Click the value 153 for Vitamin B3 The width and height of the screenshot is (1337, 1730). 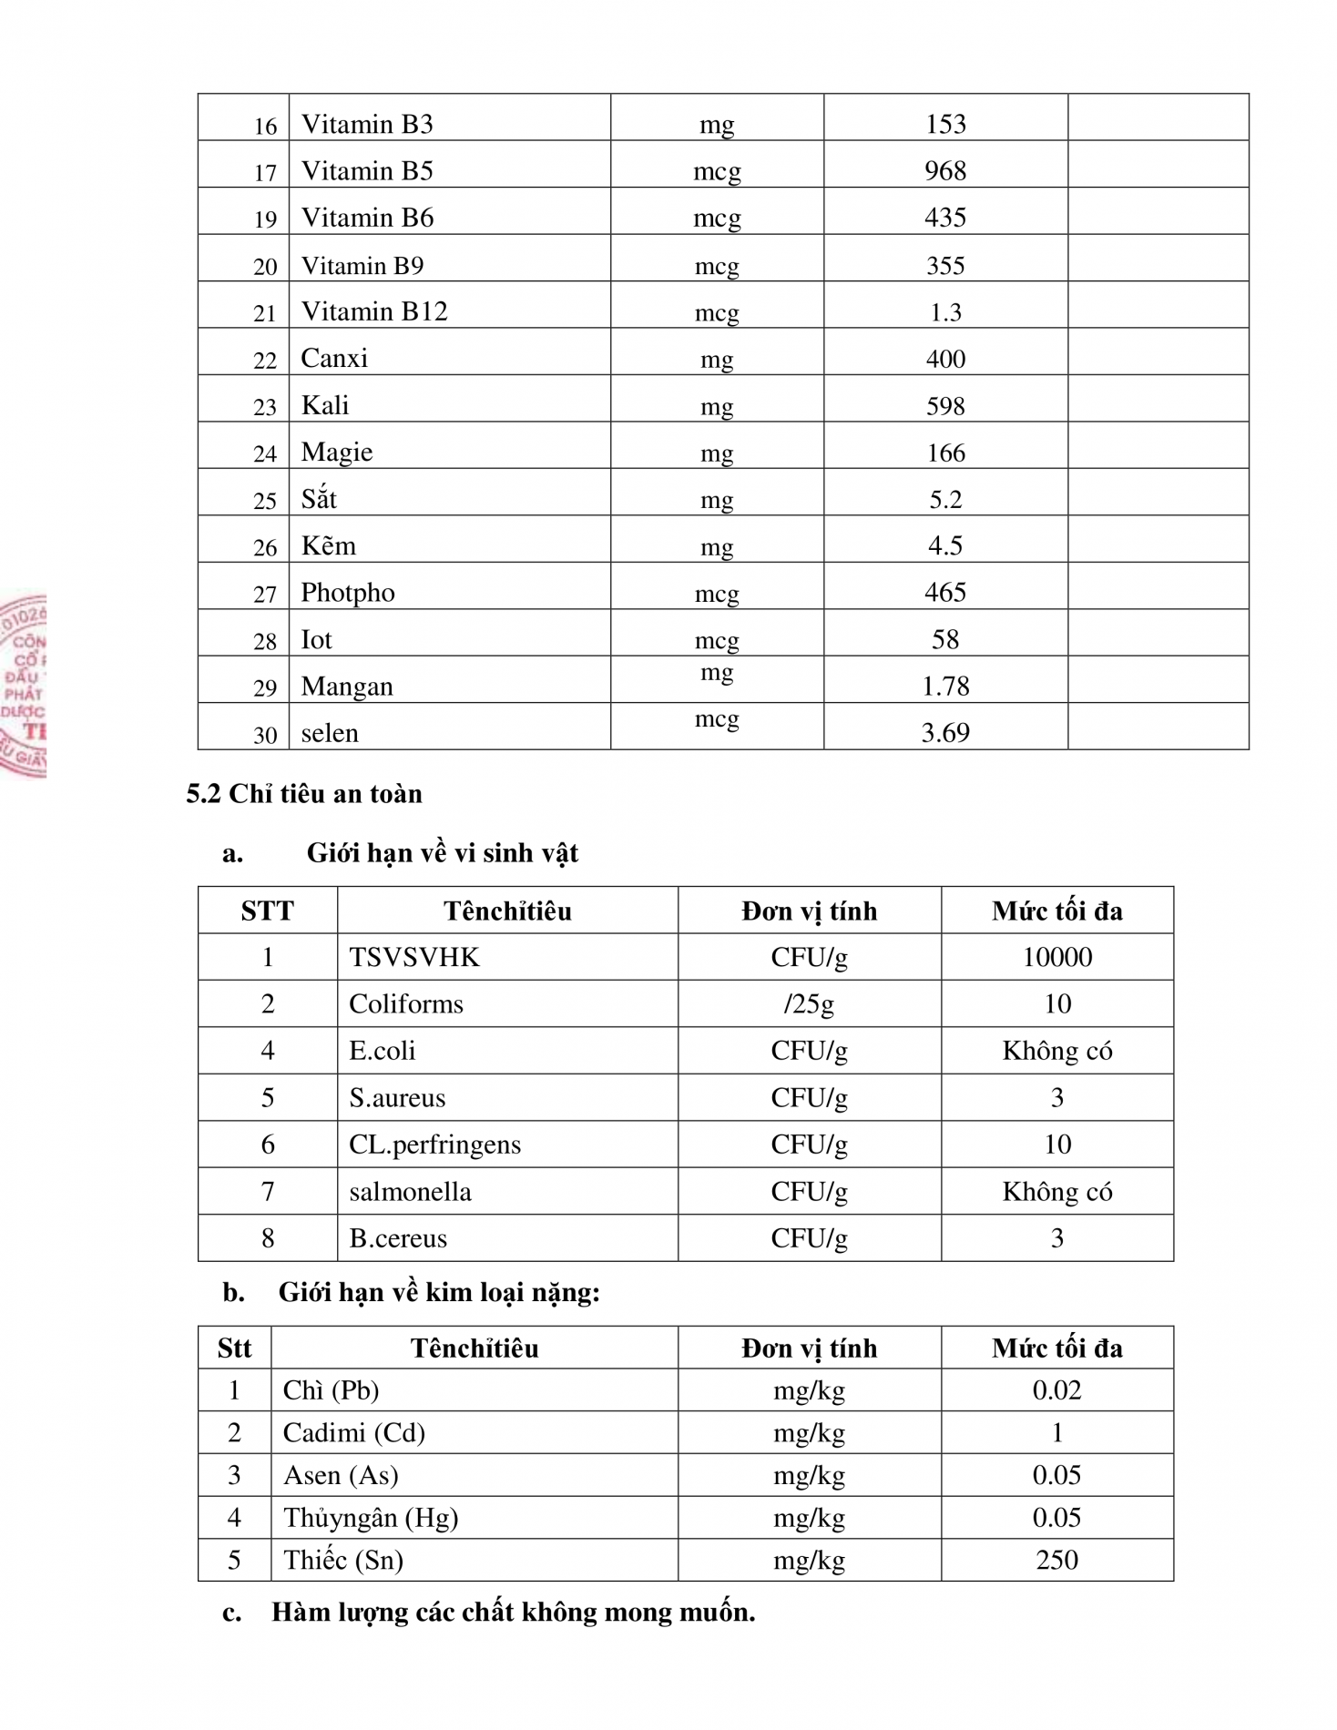945,124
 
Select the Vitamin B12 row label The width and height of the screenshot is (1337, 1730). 374,311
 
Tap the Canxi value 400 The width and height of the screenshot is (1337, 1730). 945,359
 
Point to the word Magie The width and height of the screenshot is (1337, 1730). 337,453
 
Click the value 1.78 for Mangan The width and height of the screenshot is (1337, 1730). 945,686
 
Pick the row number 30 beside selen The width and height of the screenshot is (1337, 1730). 265,735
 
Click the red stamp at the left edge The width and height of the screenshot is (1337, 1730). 24,686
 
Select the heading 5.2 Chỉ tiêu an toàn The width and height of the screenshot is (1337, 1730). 304,794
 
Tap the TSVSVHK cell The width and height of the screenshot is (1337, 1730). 414,957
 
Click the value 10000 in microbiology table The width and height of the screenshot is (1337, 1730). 1056,957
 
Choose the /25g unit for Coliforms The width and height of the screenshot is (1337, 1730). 809,1004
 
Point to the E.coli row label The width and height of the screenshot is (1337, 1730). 383,1051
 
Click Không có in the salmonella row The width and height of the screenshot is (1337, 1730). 1056,1191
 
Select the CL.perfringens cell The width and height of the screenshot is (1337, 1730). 435,1145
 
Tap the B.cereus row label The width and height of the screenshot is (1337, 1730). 398,1238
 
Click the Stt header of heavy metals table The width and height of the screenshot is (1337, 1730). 234,1348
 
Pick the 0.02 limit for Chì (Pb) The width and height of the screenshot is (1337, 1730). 1056,1390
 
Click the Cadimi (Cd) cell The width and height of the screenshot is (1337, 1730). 354,1433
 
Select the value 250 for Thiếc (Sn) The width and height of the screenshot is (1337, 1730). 1056,1560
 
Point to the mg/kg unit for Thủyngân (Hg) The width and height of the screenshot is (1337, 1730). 809,1518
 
